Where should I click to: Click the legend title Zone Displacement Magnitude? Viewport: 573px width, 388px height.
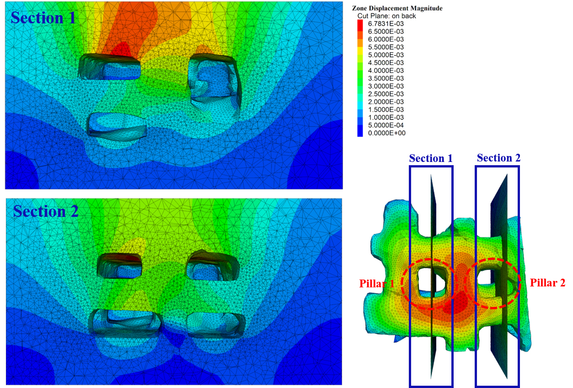pos(397,8)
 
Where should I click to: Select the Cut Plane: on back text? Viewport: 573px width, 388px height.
pos(386,16)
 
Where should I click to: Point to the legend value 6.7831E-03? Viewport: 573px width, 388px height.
pos(386,24)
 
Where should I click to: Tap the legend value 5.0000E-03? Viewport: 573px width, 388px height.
pos(386,55)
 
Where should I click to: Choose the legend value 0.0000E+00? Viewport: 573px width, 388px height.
pos(386,133)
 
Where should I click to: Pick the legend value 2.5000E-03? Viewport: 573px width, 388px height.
pos(386,94)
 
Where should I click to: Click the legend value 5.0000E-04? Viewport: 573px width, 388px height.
pos(386,125)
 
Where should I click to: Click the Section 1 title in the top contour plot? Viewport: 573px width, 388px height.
pos(43,18)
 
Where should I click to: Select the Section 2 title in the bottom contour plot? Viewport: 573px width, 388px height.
pos(46,211)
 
